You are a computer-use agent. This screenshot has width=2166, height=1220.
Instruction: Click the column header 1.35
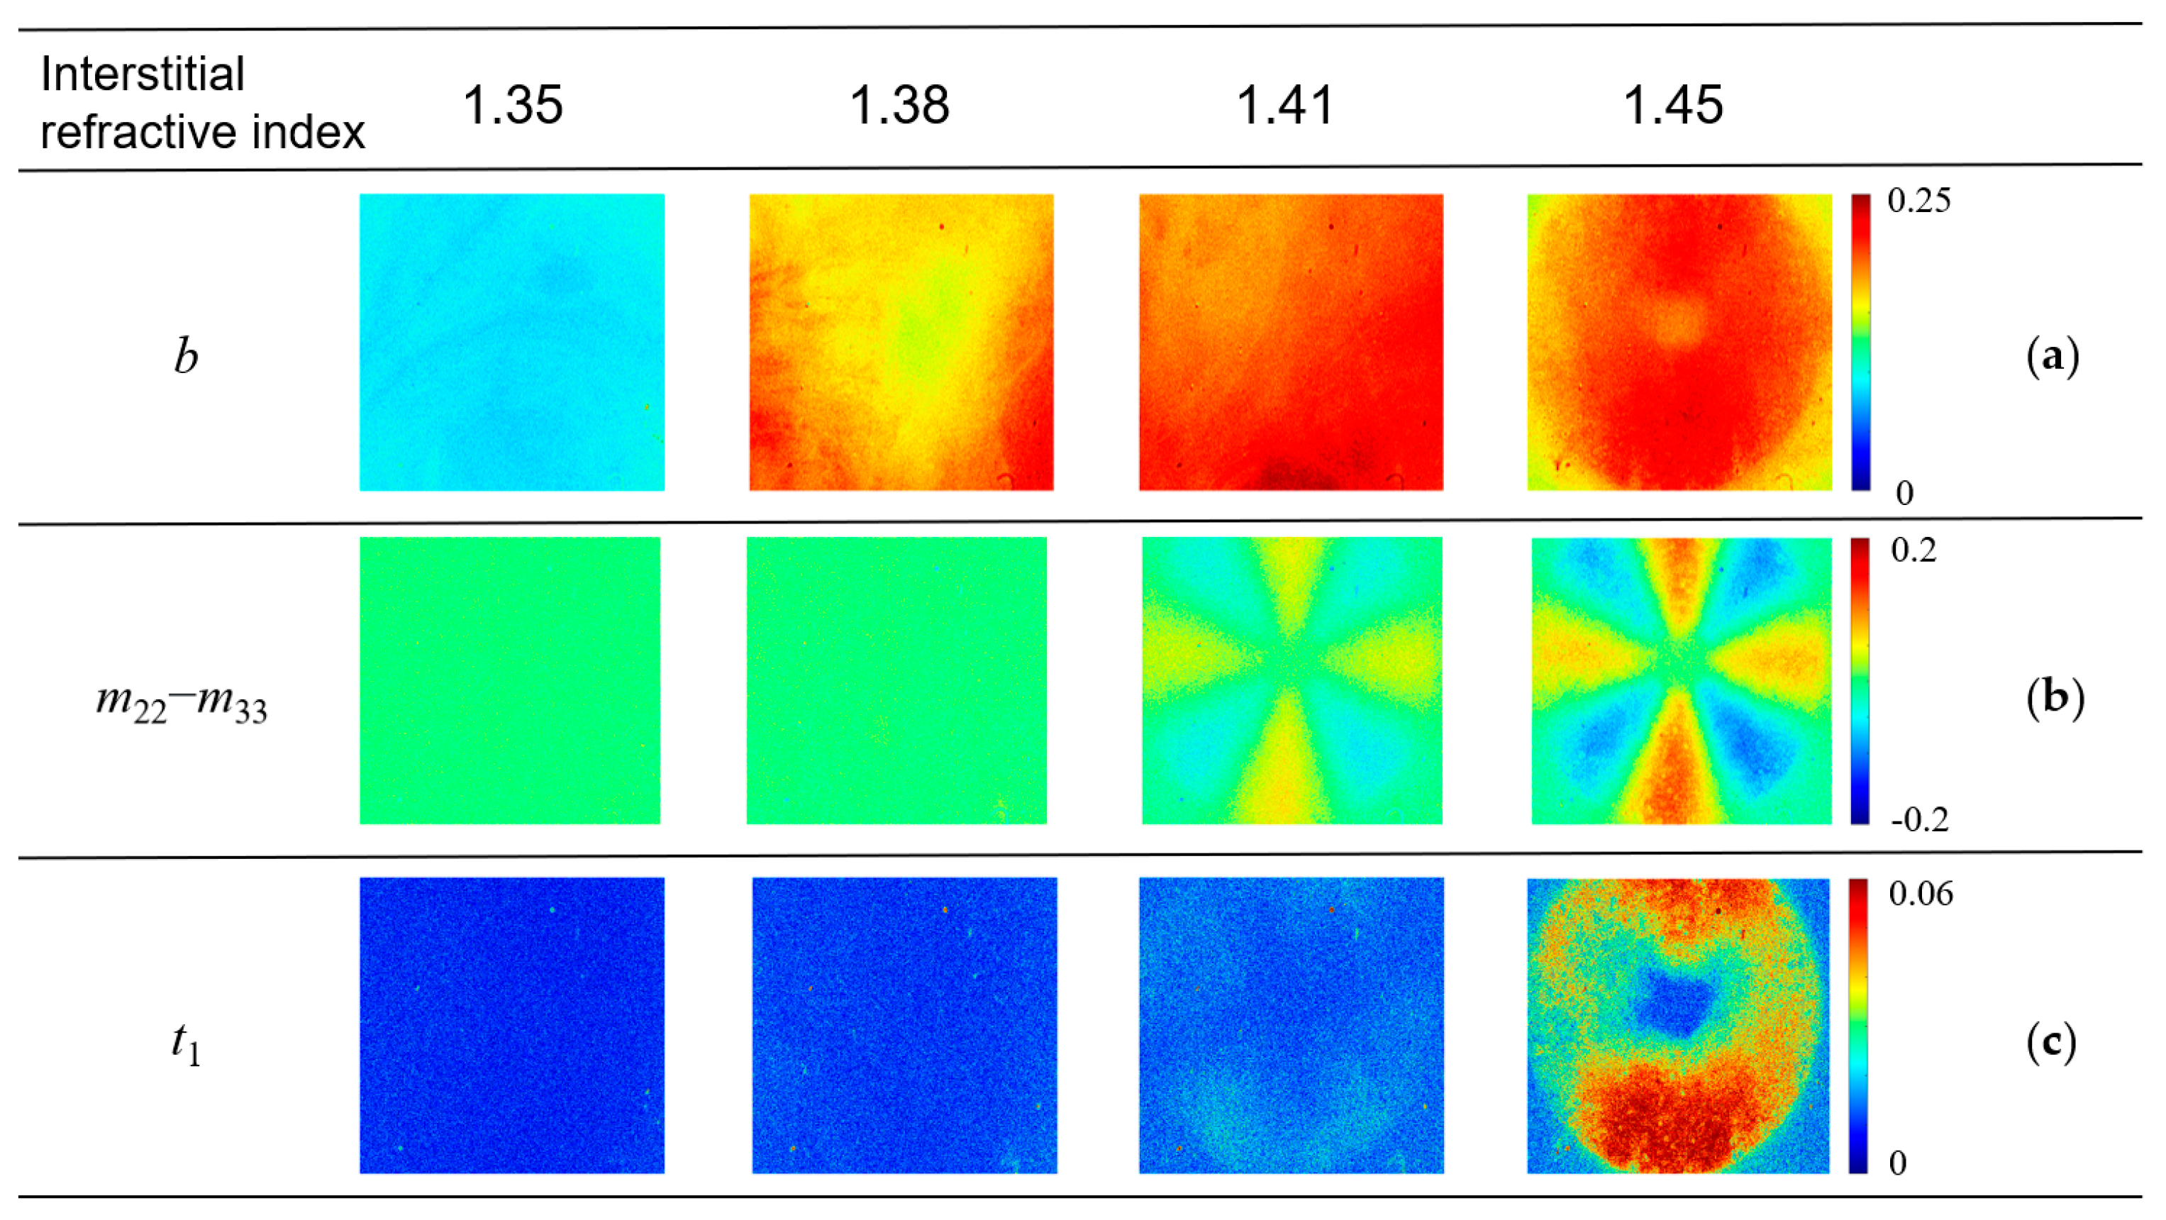click(x=512, y=106)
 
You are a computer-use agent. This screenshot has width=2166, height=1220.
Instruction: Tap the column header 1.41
click(x=1285, y=106)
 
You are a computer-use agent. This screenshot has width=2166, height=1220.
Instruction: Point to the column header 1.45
click(x=1672, y=106)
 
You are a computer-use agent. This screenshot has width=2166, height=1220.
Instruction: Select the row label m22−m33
click(x=182, y=700)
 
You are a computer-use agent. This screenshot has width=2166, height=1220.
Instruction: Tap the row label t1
click(x=186, y=1044)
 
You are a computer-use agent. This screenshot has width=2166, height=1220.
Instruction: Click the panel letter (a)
click(x=2053, y=357)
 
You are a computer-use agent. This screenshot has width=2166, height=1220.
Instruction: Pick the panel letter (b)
click(x=2054, y=698)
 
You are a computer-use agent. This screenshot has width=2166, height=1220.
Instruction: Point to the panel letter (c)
click(x=2051, y=1043)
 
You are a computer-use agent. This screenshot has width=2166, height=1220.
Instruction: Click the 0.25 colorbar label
click(x=1918, y=201)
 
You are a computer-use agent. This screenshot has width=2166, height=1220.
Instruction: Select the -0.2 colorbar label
click(x=1918, y=820)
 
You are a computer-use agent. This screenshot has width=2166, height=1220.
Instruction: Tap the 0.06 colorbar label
click(x=1920, y=894)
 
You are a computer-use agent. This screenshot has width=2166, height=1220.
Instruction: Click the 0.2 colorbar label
click(x=1913, y=550)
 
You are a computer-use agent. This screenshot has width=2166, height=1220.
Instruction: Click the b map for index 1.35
click(x=511, y=342)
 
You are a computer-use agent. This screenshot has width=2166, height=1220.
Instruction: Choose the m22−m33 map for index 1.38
click(x=896, y=680)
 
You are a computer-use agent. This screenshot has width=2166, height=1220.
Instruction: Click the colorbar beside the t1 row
click(x=1858, y=1026)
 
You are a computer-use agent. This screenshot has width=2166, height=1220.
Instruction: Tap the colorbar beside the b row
click(x=1861, y=342)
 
